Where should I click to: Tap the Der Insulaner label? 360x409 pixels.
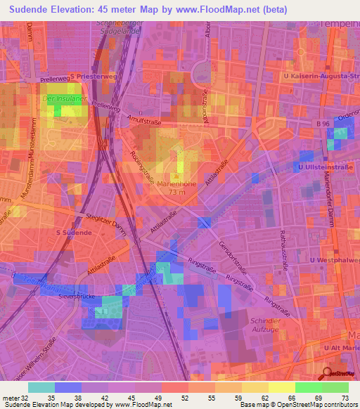point(59,99)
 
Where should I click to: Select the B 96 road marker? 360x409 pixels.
point(323,124)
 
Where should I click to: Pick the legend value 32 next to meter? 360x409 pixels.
point(27,398)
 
